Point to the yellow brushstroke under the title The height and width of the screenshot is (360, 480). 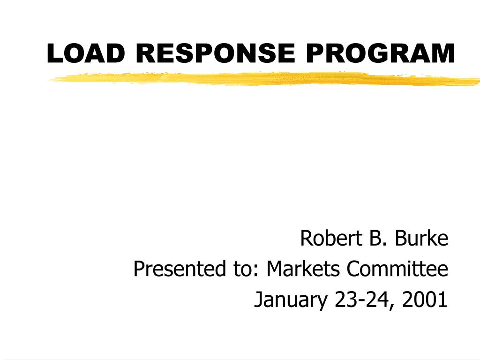[262, 79]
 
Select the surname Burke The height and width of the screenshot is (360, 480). [421, 239]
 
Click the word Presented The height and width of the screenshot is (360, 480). [174, 270]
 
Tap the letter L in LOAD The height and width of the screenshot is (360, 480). [53, 53]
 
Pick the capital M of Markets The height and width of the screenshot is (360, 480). [275, 270]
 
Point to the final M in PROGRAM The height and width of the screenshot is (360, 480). [443, 53]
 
